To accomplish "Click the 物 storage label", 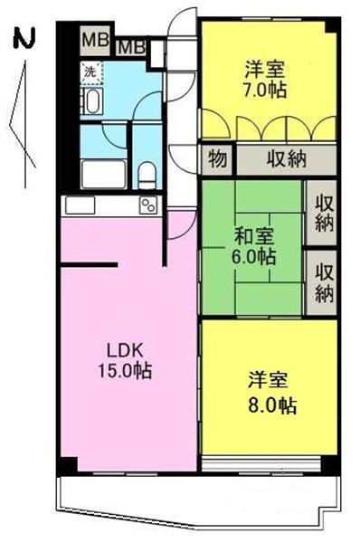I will tap(218, 159).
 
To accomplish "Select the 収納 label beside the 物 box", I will tap(286, 159).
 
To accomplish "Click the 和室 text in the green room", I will tap(253, 237).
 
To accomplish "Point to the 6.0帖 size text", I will tap(253, 257).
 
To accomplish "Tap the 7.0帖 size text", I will tap(265, 90).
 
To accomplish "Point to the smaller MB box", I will tap(134, 46).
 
